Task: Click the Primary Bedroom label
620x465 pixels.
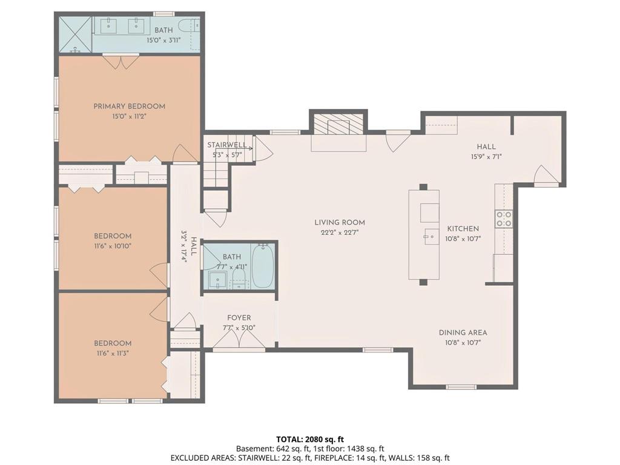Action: click(130, 106)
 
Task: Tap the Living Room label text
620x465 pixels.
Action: click(340, 222)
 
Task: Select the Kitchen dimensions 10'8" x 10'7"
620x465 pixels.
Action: click(463, 239)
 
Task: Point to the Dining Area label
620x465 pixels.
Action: click(463, 332)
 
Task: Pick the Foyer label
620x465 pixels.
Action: click(239, 317)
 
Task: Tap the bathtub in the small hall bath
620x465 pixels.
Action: click(262, 266)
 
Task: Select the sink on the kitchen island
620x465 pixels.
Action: click(431, 237)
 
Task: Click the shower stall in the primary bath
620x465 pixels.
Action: click(75, 35)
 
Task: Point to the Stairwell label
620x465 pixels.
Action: click(227, 145)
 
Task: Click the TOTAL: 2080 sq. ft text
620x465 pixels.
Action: click(310, 440)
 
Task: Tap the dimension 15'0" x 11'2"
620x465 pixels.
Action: click(130, 117)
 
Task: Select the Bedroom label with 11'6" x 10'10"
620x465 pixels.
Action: click(113, 236)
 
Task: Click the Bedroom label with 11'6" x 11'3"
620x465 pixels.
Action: click(113, 343)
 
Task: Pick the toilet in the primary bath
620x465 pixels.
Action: click(188, 26)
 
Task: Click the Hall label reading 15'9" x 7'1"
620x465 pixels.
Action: click(486, 147)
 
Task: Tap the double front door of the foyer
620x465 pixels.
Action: click(239, 339)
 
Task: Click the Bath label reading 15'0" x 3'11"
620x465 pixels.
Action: click(163, 30)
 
